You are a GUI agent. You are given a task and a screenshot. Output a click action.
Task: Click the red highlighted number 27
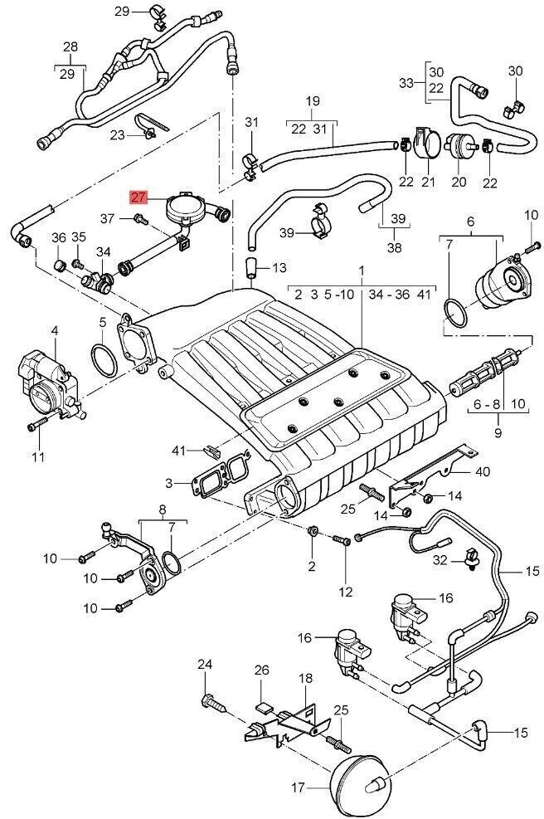[x=138, y=197]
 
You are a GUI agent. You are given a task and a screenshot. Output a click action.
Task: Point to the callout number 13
[x=278, y=267]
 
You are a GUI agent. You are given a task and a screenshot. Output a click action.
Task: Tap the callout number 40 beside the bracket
[x=483, y=472]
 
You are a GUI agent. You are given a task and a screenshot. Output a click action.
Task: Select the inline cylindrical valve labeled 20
[x=458, y=150]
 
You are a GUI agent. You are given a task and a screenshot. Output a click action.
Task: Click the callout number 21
[x=428, y=182]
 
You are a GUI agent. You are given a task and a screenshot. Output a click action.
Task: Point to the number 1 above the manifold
[x=362, y=271]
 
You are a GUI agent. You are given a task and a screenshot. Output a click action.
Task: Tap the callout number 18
[x=305, y=678]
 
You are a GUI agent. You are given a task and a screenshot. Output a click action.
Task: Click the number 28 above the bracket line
[x=70, y=46]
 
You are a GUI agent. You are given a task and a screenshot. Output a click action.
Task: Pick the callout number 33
[x=406, y=82]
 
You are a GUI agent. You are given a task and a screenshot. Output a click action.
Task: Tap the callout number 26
[x=262, y=670]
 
